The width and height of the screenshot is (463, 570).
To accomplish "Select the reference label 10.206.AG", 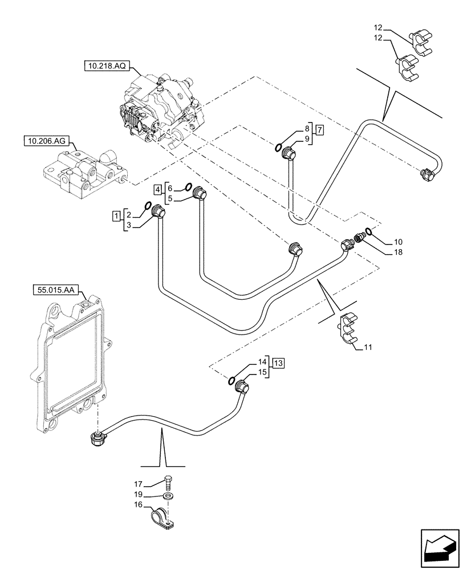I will coord(44,140).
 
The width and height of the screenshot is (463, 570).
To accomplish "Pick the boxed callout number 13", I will coord(278,363).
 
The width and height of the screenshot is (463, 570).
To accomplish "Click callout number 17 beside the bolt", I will coord(145,484).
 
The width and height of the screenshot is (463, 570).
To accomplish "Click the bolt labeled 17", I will coord(169,482).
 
